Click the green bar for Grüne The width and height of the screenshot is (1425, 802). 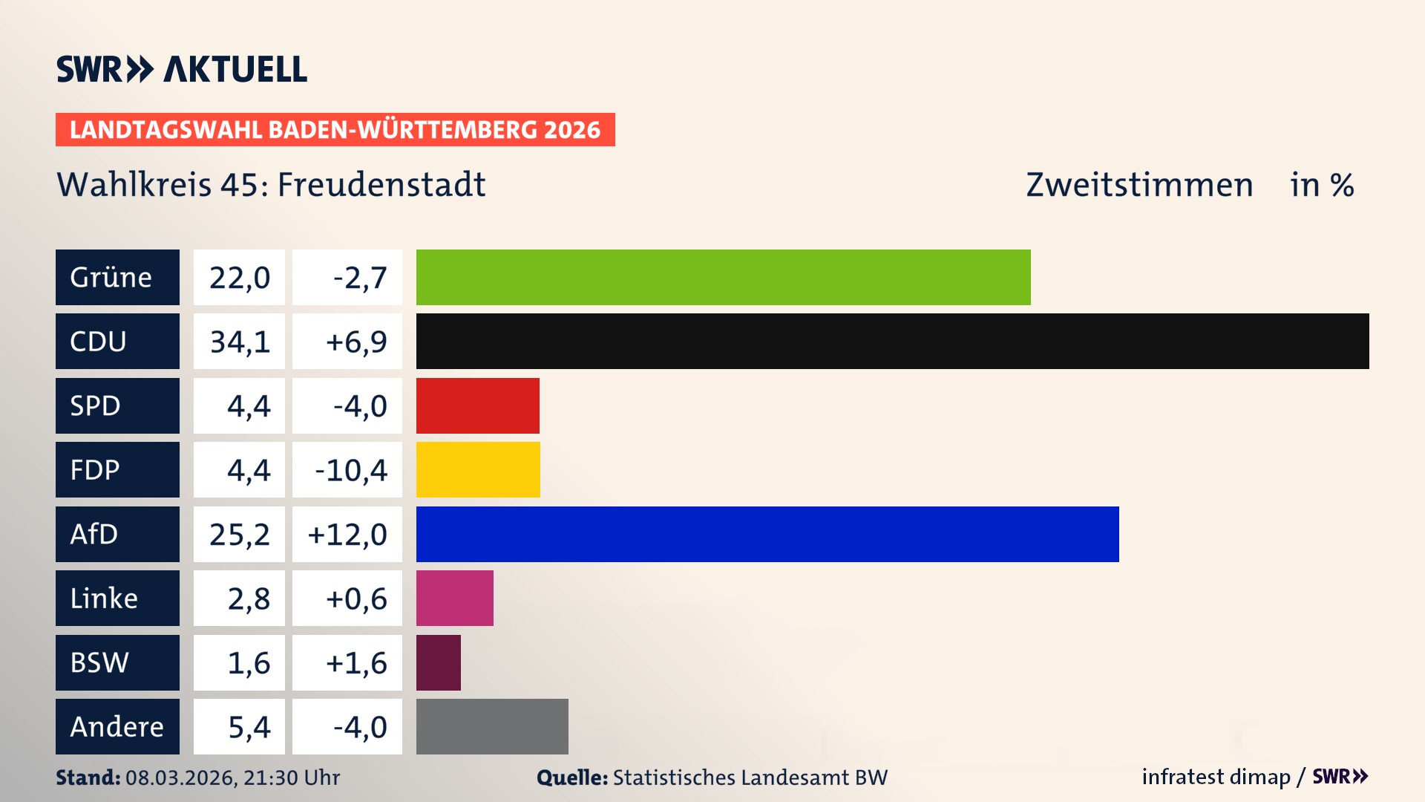pyautogui.click(x=723, y=277)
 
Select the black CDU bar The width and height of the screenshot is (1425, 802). pyautogui.click(x=892, y=341)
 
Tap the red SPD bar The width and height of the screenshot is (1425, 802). pyautogui.click(x=477, y=405)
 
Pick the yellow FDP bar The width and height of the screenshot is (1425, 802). pyautogui.click(x=478, y=469)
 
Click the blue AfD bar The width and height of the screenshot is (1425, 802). pyautogui.click(x=767, y=534)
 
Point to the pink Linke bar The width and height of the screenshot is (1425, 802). pyautogui.click(x=454, y=598)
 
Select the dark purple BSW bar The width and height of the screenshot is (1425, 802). pyautogui.click(x=438, y=662)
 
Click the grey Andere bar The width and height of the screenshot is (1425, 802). pyautogui.click(x=492, y=726)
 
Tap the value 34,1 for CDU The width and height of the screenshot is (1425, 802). pyautogui.click(x=240, y=342)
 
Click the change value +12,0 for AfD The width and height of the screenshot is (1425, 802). pyautogui.click(x=347, y=535)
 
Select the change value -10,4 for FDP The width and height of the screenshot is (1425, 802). pyautogui.click(x=351, y=470)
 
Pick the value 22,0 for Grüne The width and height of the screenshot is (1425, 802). pyautogui.click(x=240, y=278)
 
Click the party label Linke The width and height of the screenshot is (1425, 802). pyautogui.click(x=104, y=599)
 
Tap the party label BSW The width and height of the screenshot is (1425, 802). pyautogui.click(x=99, y=662)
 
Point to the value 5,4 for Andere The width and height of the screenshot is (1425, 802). pyautogui.click(x=249, y=727)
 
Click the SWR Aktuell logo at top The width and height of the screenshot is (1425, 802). pyautogui.click(x=182, y=69)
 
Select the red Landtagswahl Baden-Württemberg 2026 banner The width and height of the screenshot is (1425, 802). pyautogui.click(x=335, y=130)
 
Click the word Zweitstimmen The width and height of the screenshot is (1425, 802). pyautogui.click(x=1139, y=185)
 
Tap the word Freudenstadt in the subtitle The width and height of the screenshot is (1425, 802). pyautogui.click(x=381, y=185)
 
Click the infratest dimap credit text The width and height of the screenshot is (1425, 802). pyautogui.click(x=1215, y=777)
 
